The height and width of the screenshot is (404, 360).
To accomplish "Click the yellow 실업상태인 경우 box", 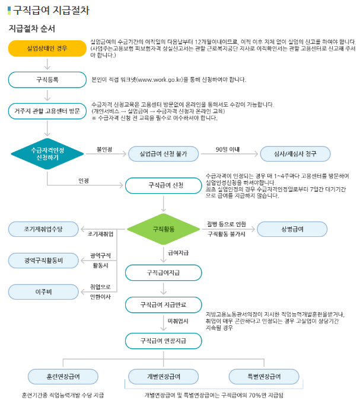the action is pyautogui.click(x=47, y=48).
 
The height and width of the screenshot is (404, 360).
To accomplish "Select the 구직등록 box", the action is pyautogui.click(x=47, y=79).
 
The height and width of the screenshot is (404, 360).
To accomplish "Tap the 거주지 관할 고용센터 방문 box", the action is pyautogui.click(x=47, y=110).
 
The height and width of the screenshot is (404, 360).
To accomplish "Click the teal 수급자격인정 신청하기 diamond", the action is pyautogui.click(x=47, y=153).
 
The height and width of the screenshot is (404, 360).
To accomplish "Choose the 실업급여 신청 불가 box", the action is pyautogui.click(x=163, y=153).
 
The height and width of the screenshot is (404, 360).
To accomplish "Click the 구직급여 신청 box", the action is pyautogui.click(x=163, y=185).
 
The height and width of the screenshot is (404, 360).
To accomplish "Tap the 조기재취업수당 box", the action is pyautogui.click(x=43, y=229).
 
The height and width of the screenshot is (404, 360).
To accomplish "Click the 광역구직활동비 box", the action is pyautogui.click(x=43, y=260).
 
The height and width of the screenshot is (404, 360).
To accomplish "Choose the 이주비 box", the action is pyautogui.click(x=43, y=291).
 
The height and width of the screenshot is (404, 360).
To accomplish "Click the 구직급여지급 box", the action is pyautogui.click(x=163, y=272).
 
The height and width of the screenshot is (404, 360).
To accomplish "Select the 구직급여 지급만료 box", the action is pyautogui.click(x=163, y=304).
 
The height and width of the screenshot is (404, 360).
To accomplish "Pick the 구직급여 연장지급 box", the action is pyautogui.click(x=163, y=341).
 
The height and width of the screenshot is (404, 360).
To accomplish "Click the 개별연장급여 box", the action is pyautogui.click(x=163, y=376).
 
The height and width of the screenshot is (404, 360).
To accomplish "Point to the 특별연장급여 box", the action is pyautogui.click(x=263, y=376).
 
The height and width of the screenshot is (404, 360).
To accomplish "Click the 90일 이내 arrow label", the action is pyautogui.click(x=228, y=149).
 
